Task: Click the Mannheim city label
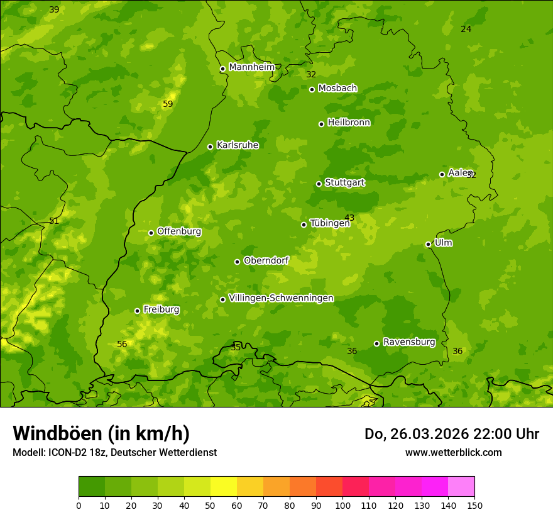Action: [252, 67]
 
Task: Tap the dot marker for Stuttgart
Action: [319, 184]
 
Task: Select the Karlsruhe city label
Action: [238, 145]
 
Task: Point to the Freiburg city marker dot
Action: [137, 311]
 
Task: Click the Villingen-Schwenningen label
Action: [281, 298]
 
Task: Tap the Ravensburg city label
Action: [409, 342]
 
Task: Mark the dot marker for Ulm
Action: [428, 244]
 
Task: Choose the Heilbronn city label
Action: [349, 123]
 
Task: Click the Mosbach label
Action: [337, 89]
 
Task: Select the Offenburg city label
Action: [179, 231]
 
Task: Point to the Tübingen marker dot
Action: [304, 225]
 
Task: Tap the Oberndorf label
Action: [266, 260]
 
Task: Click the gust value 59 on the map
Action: [168, 104]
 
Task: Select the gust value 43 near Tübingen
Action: [349, 218]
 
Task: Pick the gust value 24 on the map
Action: [466, 29]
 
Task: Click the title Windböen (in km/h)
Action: [101, 433]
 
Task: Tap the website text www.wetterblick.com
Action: [453, 452]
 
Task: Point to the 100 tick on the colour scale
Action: [342, 505]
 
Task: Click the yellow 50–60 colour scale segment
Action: [224, 487]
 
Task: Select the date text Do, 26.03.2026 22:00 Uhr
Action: [452, 434]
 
